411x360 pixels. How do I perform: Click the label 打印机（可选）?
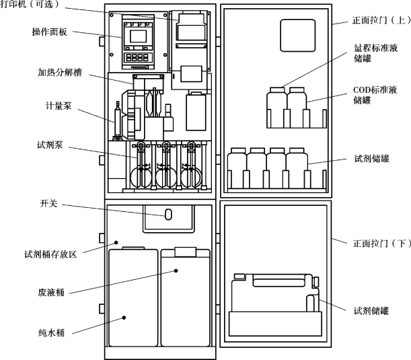30,4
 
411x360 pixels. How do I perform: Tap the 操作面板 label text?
50,32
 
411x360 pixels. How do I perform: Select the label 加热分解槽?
60,72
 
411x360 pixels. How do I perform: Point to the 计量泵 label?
59,106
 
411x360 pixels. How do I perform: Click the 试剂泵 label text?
50,145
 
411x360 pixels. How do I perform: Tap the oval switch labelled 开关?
168,215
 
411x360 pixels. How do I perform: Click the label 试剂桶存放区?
50,254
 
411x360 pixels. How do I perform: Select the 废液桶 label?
51,292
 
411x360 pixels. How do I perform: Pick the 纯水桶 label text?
51,332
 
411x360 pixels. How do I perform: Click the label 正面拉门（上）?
381,20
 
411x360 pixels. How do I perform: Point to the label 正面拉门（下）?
382,244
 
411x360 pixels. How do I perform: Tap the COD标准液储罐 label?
375,95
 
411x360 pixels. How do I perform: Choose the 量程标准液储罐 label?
375,53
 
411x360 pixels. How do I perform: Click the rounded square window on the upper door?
298,36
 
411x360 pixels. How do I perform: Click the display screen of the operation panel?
138,36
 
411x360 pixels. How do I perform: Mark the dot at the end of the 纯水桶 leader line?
124,318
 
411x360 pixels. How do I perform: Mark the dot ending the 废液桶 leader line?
176,271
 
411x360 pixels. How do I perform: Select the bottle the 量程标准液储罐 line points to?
276,108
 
